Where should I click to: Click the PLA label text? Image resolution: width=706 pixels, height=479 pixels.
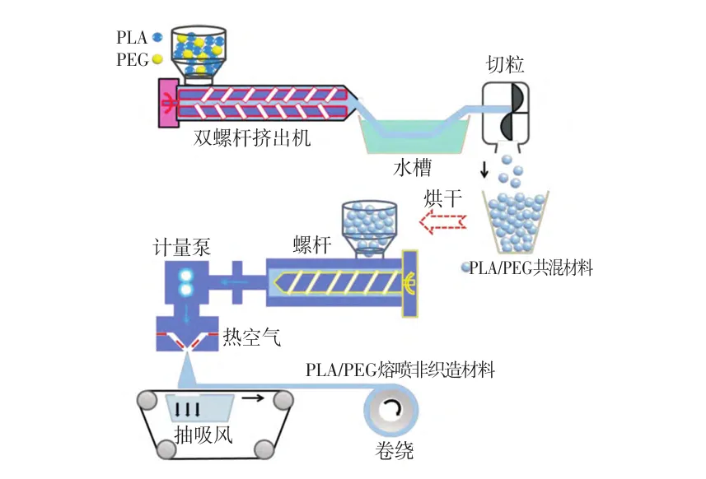tap(132, 37)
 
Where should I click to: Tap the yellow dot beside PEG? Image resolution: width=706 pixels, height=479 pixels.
tap(157, 59)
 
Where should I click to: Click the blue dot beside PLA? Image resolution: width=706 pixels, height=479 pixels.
tap(157, 37)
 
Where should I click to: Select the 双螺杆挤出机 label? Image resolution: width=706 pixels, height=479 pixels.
tap(252, 137)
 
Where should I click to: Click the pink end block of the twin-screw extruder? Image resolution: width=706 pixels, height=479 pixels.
tap(167, 103)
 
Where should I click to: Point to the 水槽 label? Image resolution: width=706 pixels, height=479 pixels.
tap(413, 168)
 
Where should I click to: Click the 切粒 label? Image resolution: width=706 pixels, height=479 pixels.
tap(505, 64)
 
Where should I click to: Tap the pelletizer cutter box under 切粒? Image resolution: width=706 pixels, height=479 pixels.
tap(505, 112)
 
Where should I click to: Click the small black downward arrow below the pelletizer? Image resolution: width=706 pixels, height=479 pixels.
tap(484, 170)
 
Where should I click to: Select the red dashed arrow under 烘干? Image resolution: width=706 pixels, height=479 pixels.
tap(442, 221)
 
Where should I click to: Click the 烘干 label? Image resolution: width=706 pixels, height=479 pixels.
tap(442, 198)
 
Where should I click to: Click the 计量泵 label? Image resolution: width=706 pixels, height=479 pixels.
tap(182, 247)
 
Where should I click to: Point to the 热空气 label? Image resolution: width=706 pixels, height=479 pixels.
tap(252, 337)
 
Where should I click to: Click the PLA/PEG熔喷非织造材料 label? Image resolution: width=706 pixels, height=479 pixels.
tap(400, 370)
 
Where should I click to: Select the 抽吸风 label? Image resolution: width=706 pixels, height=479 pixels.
tap(203, 435)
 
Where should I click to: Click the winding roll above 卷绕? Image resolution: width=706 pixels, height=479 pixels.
tap(390, 410)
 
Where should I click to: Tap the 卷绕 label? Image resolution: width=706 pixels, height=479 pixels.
tap(395, 451)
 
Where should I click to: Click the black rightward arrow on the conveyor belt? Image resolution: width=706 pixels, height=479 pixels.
tap(253, 398)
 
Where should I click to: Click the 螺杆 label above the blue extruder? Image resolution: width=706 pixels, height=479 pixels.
tap(312, 244)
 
